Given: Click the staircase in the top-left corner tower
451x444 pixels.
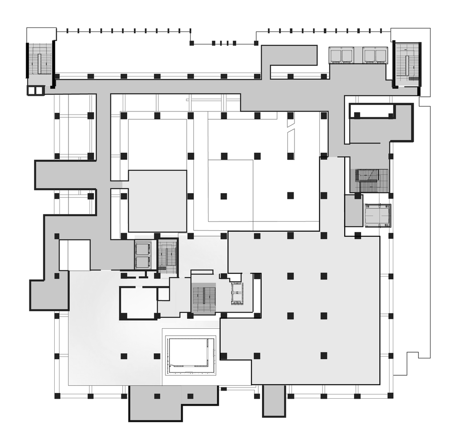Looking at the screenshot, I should coord(40,58).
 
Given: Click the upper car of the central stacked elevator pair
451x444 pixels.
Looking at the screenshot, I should coord(143,249).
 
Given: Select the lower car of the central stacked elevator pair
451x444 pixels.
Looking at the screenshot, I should coord(143,262).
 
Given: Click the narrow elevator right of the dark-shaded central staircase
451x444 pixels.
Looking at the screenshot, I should coord(237,293).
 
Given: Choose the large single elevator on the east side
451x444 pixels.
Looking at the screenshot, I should coord(378,215).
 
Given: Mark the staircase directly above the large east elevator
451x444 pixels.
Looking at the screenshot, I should coord(369,180).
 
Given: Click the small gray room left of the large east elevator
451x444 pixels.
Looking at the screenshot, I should coord(354,211).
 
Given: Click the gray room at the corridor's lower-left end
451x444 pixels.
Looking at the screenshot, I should coord(49,295).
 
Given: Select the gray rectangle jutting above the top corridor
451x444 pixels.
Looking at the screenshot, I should coord(289,55).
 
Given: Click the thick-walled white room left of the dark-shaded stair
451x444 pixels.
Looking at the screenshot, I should coord(138,303).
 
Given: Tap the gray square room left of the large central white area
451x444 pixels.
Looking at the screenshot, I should coord(157,201).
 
